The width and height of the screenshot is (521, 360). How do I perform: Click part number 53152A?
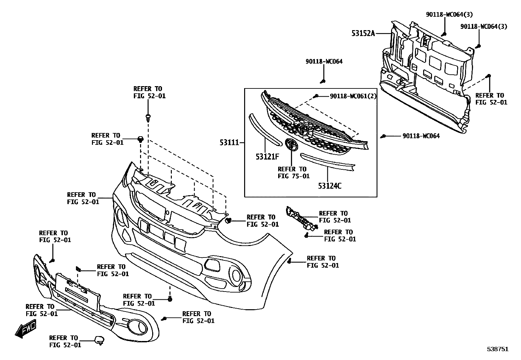click(x=363, y=33)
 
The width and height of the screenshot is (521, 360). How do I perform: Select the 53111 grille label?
click(x=229, y=143)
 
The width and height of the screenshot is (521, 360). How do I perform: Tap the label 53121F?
click(x=267, y=157)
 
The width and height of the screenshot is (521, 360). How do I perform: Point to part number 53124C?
click(x=330, y=186)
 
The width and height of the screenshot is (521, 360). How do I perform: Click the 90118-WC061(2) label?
click(x=353, y=96)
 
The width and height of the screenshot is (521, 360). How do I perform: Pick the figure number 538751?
click(x=497, y=349)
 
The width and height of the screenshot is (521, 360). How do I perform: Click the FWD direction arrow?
click(x=26, y=329)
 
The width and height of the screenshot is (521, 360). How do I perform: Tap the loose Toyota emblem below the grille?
click(x=291, y=144)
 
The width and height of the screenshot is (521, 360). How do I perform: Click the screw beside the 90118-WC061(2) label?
click(x=316, y=96)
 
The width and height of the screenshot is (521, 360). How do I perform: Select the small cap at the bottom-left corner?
click(x=99, y=340)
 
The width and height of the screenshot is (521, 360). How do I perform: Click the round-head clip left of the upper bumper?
click(x=140, y=139)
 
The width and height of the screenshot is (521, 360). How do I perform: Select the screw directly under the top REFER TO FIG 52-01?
click(x=148, y=117)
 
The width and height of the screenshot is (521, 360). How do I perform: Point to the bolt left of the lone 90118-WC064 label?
click(x=384, y=136)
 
